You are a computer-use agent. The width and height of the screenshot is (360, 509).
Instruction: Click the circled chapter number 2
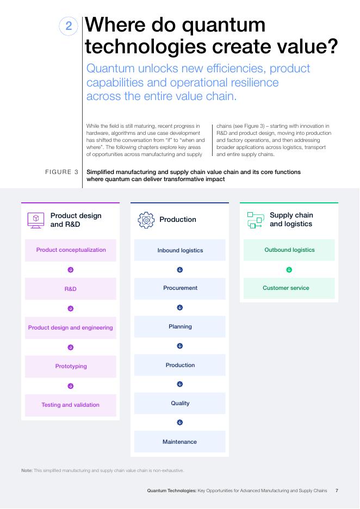pyautogui.click(x=69, y=26)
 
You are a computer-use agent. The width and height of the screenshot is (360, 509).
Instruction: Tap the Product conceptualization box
pyautogui.click(x=71, y=250)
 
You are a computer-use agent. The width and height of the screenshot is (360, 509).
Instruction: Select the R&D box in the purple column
pyautogui.click(x=71, y=289)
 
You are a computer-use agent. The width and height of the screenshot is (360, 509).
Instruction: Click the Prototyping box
pyautogui.click(x=71, y=367)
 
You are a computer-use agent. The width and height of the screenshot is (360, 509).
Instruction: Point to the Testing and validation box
pyautogui.click(x=71, y=405)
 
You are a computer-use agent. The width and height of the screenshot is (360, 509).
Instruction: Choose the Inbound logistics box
pyautogui.click(x=180, y=250)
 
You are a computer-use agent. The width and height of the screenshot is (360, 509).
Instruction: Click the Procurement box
pyautogui.click(x=180, y=288)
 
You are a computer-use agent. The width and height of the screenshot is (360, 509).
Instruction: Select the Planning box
pyautogui.click(x=180, y=327)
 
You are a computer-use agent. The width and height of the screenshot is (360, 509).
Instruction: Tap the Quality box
pyautogui.click(x=180, y=404)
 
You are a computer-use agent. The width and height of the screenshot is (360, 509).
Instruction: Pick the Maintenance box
pyautogui.click(x=180, y=442)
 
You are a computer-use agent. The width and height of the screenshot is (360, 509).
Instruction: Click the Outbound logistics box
pyautogui.click(x=289, y=250)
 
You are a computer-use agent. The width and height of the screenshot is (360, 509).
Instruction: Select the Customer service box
pyautogui.click(x=289, y=288)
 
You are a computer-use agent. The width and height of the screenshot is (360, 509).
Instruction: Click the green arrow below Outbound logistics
pyautogui.click(x=289, y=270)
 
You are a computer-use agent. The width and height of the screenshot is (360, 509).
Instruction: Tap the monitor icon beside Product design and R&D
pyautogui.click(x=36, y=220)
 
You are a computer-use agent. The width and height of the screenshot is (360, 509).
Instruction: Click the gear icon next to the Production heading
pyautogui.click(x=146, y=220)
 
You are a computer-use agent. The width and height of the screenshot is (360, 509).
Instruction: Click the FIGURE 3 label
pyautogui.click(x=61, y=172)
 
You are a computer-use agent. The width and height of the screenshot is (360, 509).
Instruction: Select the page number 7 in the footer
pyautogui.click(x=337, y=491)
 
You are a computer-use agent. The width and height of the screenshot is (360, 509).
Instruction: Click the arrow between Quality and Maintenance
pyautogui.click(x=180, y=423)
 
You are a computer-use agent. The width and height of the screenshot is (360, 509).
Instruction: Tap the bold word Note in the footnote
pyautogui.click(x=27, y=470)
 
